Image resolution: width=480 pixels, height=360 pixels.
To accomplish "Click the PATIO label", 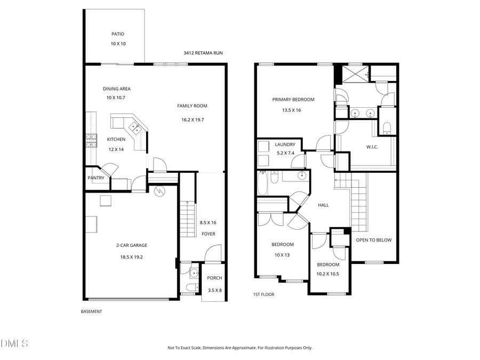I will click(118, 34).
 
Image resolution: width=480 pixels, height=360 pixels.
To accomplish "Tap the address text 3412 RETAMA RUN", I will click(203, 53).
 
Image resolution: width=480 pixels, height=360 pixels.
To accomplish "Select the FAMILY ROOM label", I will click(192, 106).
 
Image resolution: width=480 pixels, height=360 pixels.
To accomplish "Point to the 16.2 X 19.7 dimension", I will click(192, 119).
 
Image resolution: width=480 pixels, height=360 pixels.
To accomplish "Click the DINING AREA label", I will click(116, 89).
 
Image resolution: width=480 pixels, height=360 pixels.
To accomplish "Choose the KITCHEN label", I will click(116, 140).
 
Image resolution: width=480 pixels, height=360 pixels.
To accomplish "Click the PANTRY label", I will click(96, 179).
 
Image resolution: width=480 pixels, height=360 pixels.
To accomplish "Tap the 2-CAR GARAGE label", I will click(132, 245).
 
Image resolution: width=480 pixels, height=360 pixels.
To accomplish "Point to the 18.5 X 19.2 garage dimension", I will click(132, 257).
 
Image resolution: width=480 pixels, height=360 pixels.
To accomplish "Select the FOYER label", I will click(208, 234).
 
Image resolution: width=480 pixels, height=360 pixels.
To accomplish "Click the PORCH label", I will click(214, 278).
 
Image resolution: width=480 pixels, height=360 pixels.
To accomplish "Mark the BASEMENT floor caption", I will click(91, 311).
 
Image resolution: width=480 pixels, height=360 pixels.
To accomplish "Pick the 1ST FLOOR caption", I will click(263, 294).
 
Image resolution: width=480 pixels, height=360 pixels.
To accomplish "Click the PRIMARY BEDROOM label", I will click(293, 99).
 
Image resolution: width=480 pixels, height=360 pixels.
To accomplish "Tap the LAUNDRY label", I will click(285, 145).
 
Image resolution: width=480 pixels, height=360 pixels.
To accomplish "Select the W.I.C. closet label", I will click(372, 147).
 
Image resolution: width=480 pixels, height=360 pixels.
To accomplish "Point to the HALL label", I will click(323, 205).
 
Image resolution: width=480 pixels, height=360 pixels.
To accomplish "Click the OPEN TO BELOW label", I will click(374, 240).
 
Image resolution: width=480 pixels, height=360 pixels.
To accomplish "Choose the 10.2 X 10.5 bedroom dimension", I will click(328, 274).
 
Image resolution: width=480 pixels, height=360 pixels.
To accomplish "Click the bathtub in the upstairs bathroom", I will click(263, 184).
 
